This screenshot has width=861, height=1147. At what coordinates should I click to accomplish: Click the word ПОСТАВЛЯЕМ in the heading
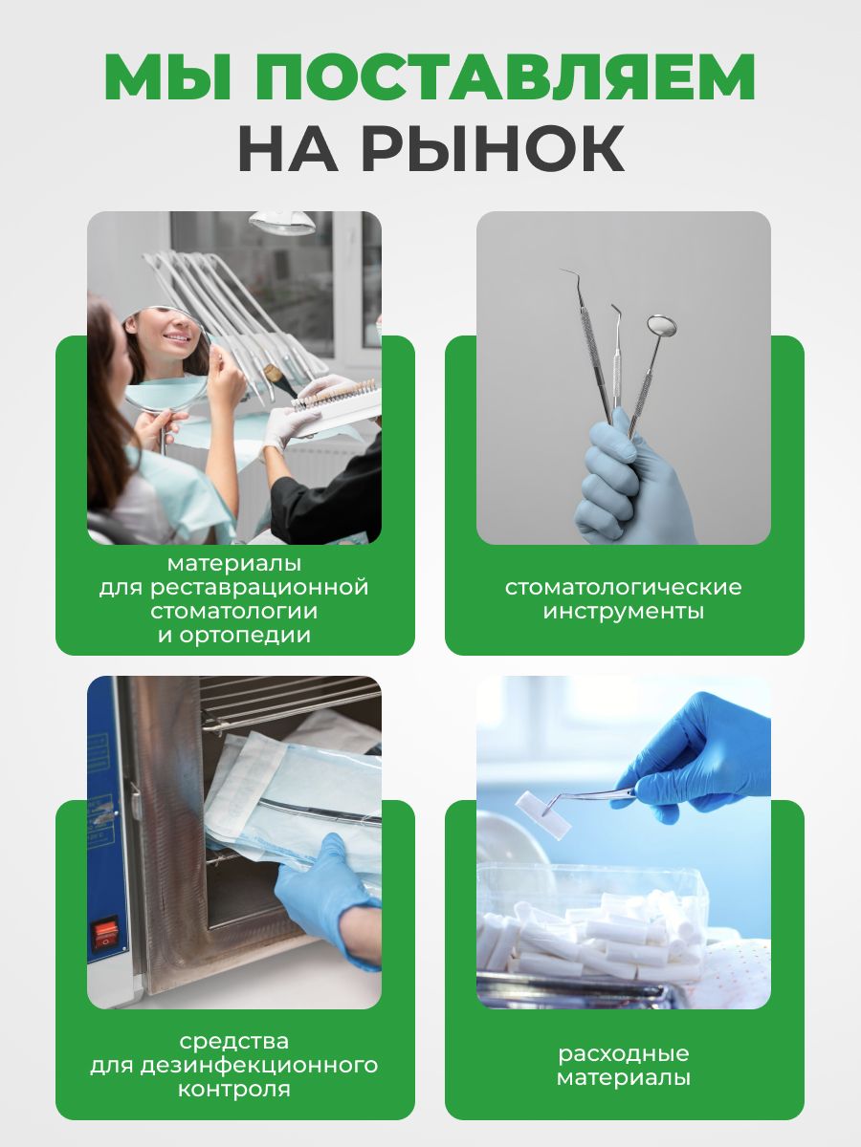click(x=505, y=77)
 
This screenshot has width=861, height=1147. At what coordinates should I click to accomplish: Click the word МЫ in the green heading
click(x=167, y=77)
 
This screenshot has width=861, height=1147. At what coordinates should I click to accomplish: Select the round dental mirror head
click(x=661, y=326)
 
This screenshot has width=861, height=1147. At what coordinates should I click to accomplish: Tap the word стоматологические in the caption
click(x=623, y=587)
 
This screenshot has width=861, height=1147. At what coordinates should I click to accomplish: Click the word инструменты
click(x=623, y=612)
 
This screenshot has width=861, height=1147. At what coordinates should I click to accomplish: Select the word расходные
click(x=623, y=1053)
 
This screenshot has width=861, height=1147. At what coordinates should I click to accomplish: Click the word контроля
click(x=234, y=1090)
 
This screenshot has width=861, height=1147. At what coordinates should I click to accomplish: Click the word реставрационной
click(x=259, y=587)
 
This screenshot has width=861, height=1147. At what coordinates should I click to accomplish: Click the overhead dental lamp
click(x=282, y=222)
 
